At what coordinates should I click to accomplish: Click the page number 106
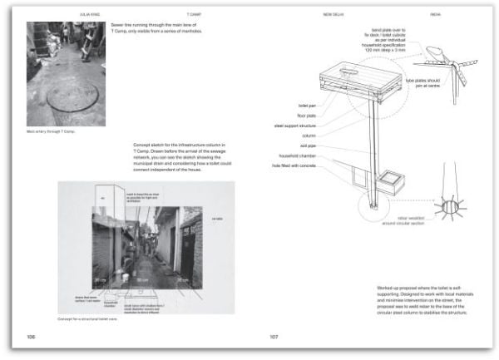coord(32,337)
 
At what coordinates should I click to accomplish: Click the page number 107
coord(273,337)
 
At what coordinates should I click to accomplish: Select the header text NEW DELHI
coord(335,15)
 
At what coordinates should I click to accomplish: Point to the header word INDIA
coord(436,15)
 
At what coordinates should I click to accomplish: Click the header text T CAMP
coord(194,15)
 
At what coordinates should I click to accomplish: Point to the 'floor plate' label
coord(309,116)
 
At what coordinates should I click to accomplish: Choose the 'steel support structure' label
coord(298,126)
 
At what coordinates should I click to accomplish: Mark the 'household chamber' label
coord(300,155)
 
